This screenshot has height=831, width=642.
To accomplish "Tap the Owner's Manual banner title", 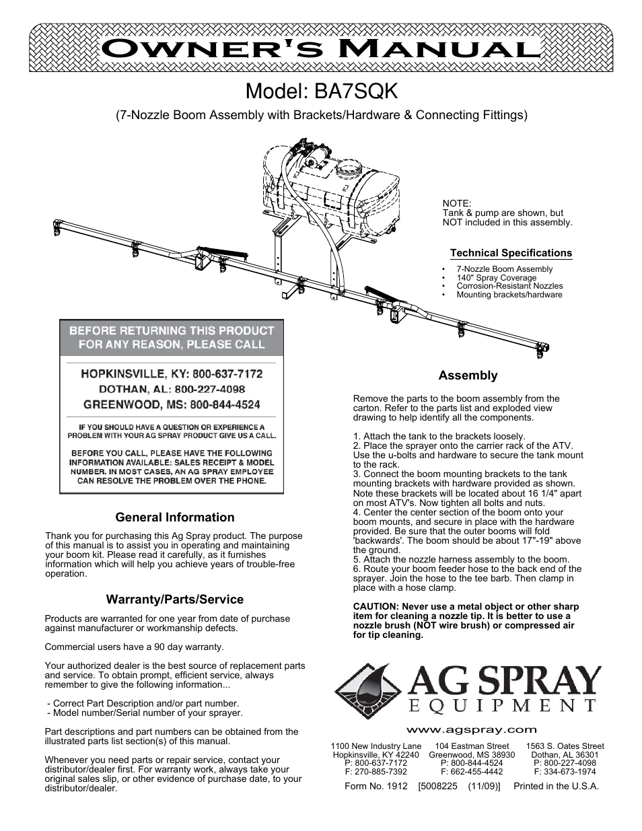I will coord(320,48).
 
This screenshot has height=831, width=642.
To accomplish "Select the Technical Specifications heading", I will coord(511,253).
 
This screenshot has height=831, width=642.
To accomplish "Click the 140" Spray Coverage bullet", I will coord(496,277).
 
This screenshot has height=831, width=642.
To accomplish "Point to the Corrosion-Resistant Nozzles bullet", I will coord(509,286).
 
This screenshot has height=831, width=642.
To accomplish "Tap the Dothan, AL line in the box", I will coord(172,389).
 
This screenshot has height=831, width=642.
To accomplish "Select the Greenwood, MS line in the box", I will coord(172,404).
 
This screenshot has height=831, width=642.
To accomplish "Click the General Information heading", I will coord(175,517).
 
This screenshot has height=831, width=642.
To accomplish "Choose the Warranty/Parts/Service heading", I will coord(175,600).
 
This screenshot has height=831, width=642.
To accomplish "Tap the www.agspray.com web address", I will coord(470,729).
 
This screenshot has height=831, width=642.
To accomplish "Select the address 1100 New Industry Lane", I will coord(376,746).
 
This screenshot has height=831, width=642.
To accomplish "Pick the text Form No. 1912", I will coord(376,786).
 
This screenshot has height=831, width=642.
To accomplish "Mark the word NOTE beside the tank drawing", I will coord(456,204).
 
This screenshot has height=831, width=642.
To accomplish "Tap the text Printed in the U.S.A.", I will coord(556,786).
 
